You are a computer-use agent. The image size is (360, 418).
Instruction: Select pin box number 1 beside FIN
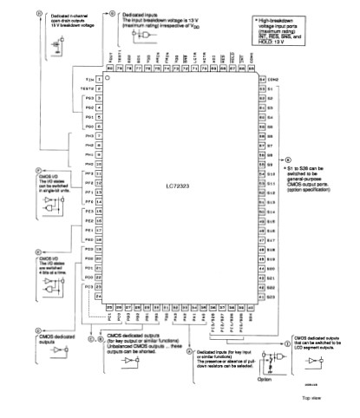(100, 79)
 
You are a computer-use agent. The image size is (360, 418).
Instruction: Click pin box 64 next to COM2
(261, 79)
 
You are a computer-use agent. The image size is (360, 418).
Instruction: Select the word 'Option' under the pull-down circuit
(266, 378)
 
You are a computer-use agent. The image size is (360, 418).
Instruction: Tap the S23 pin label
(271, 297)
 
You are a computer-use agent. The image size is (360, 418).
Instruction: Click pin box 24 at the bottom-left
(100, 297)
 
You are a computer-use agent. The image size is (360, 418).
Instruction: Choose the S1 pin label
(271, 88)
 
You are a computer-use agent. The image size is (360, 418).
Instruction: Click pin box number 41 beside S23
(261, 297)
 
